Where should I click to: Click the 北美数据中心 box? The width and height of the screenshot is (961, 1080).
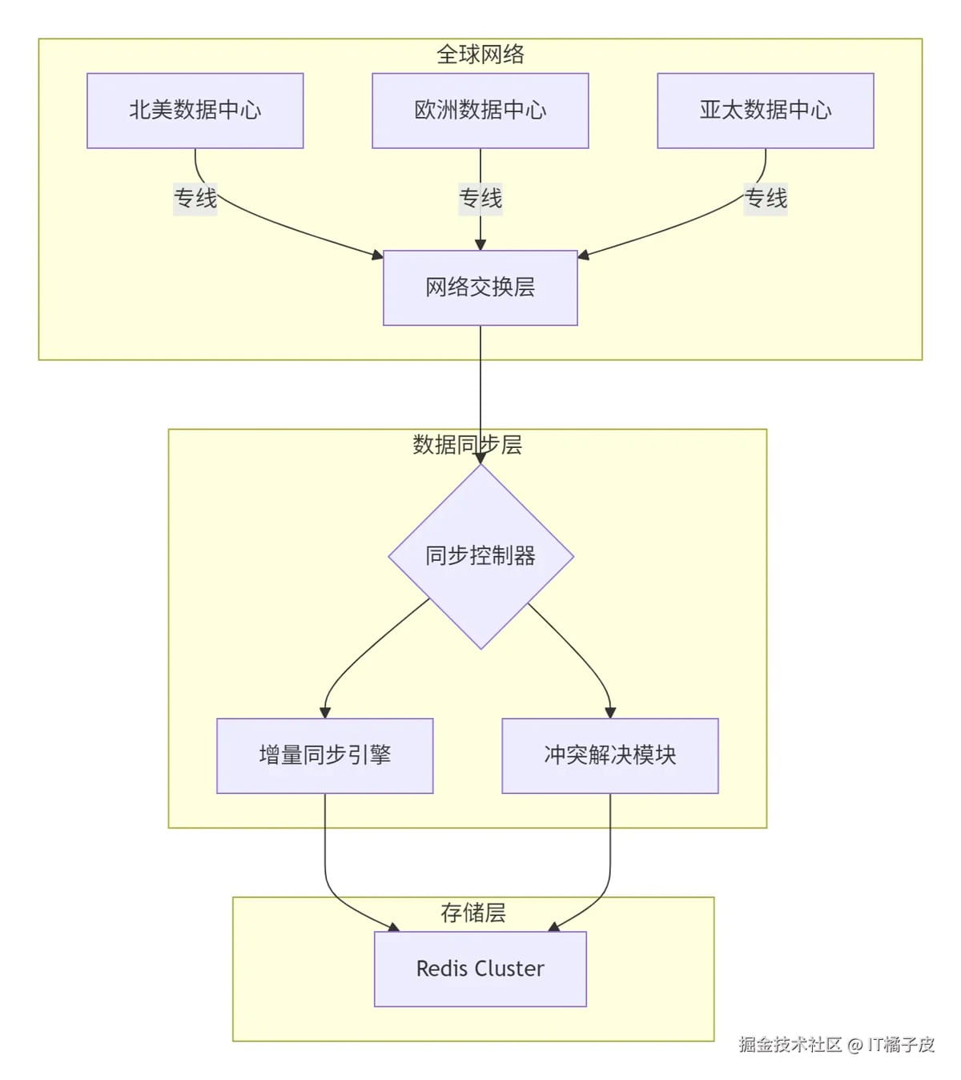click(195, 111)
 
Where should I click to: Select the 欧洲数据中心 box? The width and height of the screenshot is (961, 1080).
click(480, 111)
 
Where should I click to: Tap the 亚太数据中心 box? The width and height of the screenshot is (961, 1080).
click(765, 111)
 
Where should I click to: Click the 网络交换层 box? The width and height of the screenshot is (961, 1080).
click(480, 288)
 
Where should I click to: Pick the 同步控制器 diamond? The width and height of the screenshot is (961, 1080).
click(480, 556)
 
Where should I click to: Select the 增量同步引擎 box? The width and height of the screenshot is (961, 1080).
click(324, 756)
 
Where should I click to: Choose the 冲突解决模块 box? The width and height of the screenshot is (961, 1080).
click(609, 756)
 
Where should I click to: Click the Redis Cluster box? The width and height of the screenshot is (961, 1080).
click(480, 969)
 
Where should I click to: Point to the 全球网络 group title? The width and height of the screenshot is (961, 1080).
click(480, 54)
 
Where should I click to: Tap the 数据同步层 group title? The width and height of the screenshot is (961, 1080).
click(467, 445)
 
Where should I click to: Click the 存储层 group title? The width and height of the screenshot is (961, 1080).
click(472, 913)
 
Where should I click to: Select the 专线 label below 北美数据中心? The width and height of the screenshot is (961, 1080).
click(195, 198)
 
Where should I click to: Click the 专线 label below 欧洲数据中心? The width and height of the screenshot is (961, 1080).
click(480, 198)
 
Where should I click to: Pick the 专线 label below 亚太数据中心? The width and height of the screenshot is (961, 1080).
click(766, 198)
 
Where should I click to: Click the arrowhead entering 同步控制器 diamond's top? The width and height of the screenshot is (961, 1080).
click(480, 457)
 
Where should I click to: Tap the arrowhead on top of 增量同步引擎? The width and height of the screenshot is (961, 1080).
click(324, 712)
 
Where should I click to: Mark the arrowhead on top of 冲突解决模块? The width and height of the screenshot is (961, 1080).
click(610, 712)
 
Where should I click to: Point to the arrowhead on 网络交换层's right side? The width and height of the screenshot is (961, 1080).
click(584, 256)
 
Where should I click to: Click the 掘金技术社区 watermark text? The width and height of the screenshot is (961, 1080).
click(790, 1045)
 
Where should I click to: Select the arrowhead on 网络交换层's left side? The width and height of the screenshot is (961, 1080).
click(377, 255)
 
